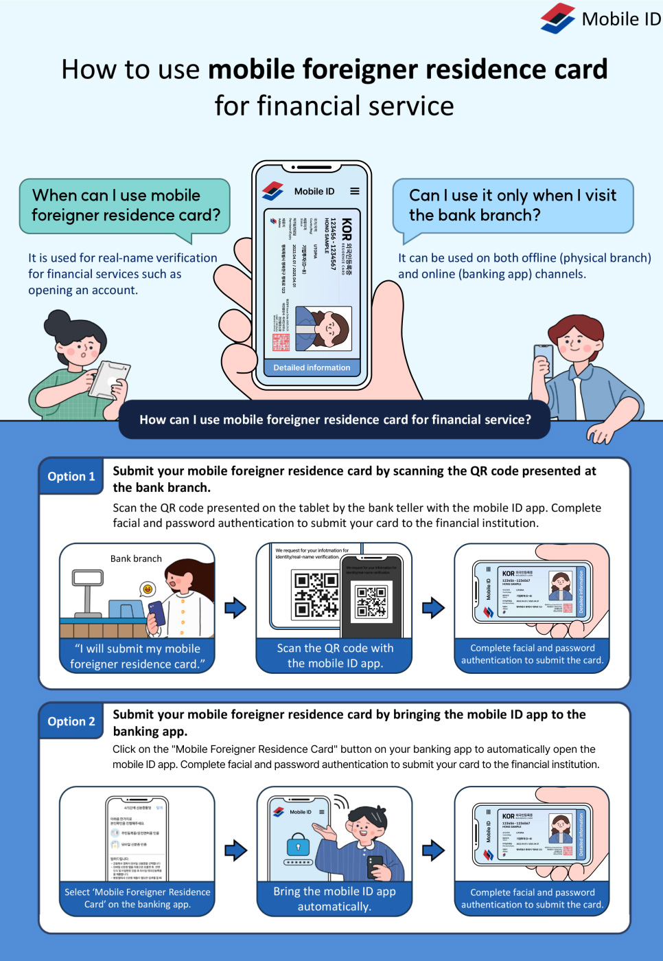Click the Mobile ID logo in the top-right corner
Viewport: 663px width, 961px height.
558,19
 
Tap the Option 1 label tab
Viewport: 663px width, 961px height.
71,476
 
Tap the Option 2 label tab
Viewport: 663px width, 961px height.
71,721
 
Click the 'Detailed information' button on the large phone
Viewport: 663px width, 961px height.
312,368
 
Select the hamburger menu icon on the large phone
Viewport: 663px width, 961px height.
355,191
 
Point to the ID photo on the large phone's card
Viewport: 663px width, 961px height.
324,328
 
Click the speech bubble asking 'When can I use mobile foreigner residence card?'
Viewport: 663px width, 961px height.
126,205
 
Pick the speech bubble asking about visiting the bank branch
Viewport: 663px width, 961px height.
512,205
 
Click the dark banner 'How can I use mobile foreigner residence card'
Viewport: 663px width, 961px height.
335,420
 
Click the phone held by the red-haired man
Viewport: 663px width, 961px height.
544,358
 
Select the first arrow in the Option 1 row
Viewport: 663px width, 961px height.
235,607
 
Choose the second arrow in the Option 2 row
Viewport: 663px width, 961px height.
433,850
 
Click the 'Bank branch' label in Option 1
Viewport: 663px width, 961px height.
136,558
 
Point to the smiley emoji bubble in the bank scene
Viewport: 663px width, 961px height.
147,589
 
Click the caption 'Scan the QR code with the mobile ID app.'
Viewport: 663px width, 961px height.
335,655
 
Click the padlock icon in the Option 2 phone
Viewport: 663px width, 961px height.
299,844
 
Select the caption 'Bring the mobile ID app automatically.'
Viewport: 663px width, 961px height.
335,898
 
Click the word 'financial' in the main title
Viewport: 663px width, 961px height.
305,106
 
